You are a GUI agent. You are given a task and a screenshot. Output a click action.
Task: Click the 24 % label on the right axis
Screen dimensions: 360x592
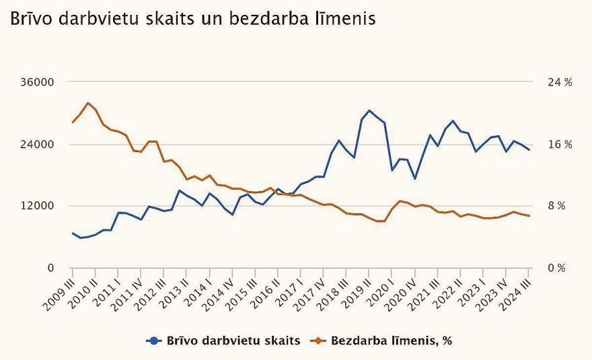(x=560, y=82)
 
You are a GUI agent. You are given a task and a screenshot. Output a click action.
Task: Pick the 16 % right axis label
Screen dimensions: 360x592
(x=560, y=145)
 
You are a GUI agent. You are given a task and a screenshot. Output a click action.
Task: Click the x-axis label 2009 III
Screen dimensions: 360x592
(x=59, y=292)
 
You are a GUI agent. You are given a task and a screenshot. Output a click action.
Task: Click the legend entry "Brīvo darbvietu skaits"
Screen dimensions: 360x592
(x=223, y=340)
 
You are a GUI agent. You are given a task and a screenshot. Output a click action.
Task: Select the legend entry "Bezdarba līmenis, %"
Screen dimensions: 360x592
(x=383, y=340)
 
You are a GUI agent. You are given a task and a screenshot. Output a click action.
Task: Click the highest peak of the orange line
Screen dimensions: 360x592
(x=88, y=103)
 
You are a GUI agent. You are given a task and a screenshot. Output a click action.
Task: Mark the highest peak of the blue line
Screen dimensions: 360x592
(x=369, y=110)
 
